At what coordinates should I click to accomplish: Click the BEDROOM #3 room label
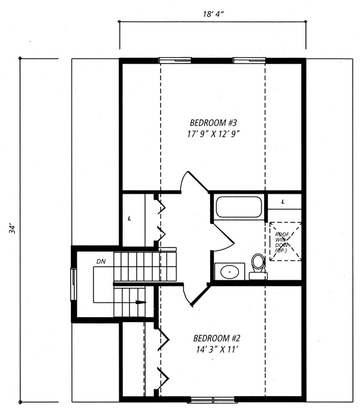[x=213, y=123]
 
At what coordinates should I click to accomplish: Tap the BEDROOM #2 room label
[x=217, y=338]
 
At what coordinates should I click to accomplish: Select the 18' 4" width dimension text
[x=213, y=14]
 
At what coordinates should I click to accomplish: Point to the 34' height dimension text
[x=12, y=228]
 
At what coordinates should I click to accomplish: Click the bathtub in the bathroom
[x=238, y=207]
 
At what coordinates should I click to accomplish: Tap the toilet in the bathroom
[x=258, y=266]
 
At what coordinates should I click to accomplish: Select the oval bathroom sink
[x=229, y=272]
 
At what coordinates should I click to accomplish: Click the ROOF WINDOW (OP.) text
[x=282, y=242]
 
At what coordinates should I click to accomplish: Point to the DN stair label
[x=101, y=261]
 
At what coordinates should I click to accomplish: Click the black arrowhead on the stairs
[x=140, y=302]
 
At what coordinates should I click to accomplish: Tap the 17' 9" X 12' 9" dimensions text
[x=214, y=134]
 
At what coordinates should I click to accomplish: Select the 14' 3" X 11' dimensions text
[x=217, y=349]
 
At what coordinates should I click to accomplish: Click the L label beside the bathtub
[x=283, y=202]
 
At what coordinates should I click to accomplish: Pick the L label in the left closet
[x=129, y=218]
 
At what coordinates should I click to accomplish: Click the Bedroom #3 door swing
[x=194, y=182]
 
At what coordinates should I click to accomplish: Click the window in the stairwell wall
[x=74, y=284]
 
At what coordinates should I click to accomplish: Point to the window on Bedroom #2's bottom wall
[x=213, y=400]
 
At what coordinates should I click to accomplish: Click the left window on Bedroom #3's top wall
[x=175, y=60]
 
